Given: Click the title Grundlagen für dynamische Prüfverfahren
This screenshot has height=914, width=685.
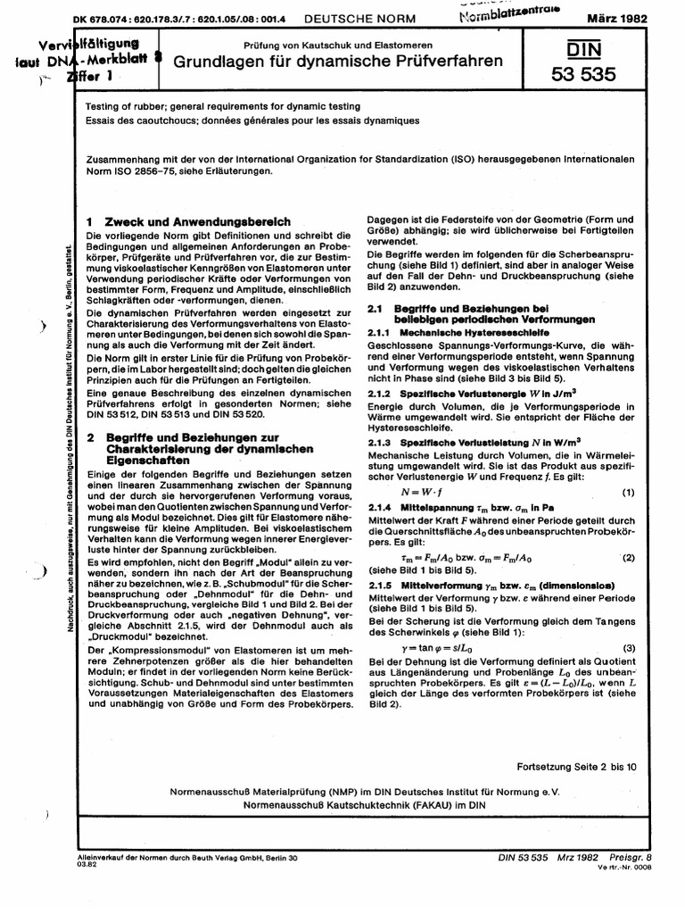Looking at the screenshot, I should coord(337,62).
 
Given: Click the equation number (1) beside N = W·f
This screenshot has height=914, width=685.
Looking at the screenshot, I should coord(627,494).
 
